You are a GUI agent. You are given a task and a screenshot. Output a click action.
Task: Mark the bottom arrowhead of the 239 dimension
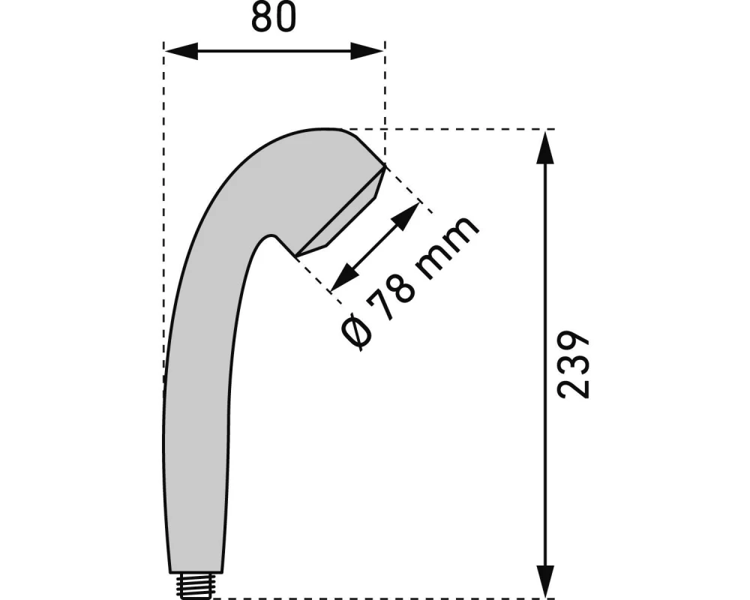546,581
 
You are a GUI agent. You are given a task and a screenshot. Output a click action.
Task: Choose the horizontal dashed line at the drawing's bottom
375,598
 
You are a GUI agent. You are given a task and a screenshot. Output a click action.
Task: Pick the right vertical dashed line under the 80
384,105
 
